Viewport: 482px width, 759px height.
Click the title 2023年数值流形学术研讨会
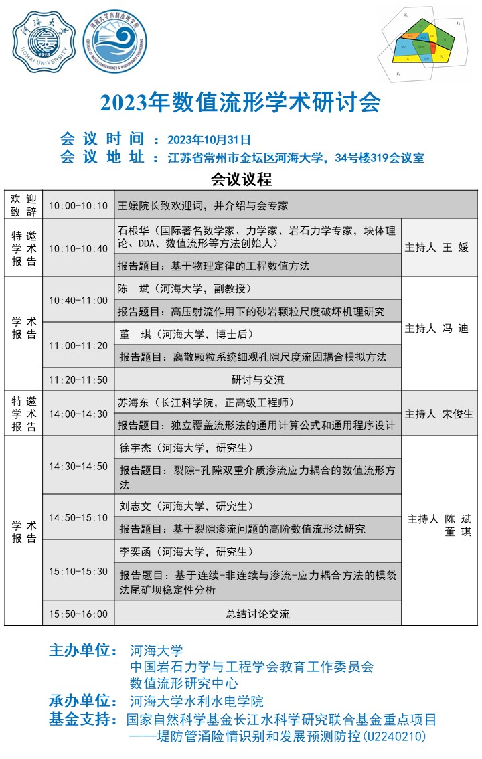240,102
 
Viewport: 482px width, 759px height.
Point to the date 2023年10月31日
209,139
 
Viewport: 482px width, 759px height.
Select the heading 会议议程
241,179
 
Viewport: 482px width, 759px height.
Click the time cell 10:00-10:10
78,205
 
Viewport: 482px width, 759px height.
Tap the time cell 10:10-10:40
78,248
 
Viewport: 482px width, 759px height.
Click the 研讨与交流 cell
258,379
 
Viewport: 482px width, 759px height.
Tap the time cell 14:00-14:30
78,414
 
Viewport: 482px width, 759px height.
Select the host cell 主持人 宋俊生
439,414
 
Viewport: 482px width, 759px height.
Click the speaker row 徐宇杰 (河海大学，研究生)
187,448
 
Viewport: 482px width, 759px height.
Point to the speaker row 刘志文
187,507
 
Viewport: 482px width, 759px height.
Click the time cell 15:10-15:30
78,571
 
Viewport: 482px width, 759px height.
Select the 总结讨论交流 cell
258,614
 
